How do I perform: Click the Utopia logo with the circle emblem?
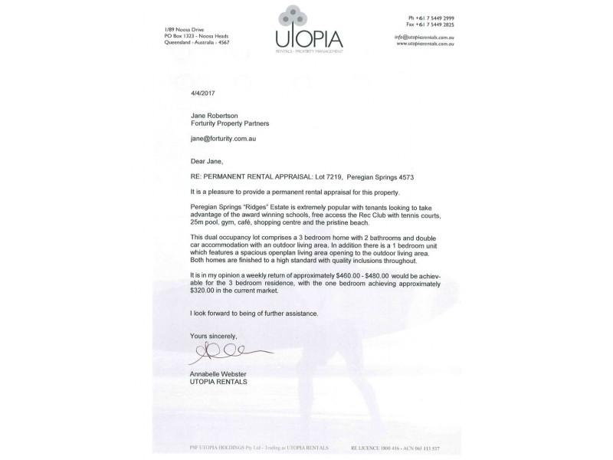coord(309,31)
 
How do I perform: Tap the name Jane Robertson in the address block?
coord(217,113)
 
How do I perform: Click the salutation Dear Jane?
coord(211,163)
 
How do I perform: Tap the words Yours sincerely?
coord(215,336)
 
